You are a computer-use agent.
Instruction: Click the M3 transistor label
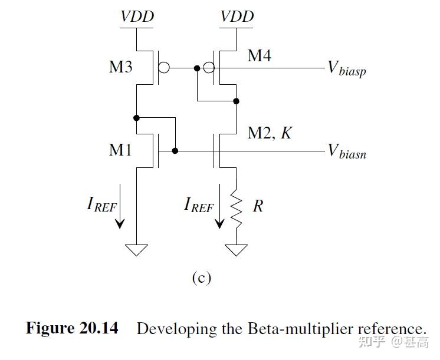pyautogui.click(x=120, y=67)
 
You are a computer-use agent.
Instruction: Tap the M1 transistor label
pyautogui.click(x=120, y=150)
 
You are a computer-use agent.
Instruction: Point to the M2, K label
pyautogui.click(x=269, y=133)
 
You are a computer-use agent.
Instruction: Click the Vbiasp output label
pyautogui.click(x=347, y=68)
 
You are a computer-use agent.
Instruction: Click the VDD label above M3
pyautogui.click(x=137, y=16)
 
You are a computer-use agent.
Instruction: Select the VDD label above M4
pyautogui.click(x=237, y=16)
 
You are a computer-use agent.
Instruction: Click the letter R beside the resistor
pyautogui.click(x=258, y=206)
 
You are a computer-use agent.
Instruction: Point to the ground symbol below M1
pyautogui.click(x=137, y=250)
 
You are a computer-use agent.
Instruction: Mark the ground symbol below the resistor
pyautogui.click(x=237, y=250)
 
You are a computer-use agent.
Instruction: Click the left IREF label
pyautogui.click(x=101, y=205)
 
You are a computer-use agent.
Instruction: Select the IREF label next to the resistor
pyautogui.click(x=199, y=205)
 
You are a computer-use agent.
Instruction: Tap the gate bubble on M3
pyautogui.click(x=164, y=68)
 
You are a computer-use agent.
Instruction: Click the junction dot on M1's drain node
pyautogui.click(x=137, y=118)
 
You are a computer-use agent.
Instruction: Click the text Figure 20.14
pyautogui.click(x=71, y=328)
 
